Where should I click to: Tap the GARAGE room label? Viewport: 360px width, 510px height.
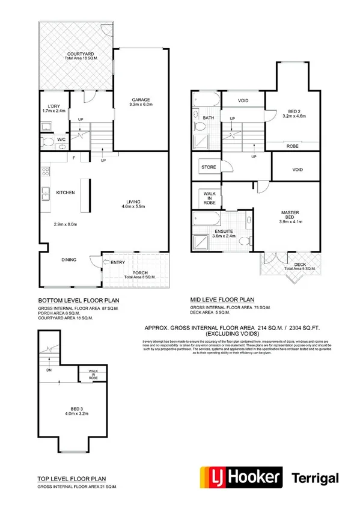coord(141,100)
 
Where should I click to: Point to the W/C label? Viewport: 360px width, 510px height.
coord(61,140)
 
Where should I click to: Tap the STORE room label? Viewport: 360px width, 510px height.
coord(208,167)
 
